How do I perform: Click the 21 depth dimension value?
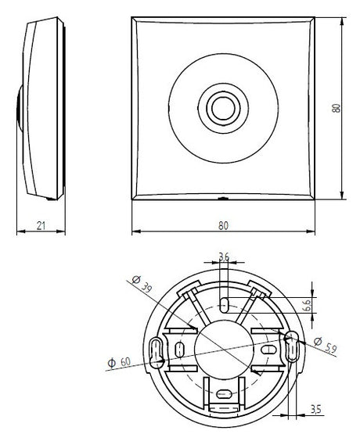[x=41, y=225]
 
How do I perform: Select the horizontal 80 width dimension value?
[x=223, y=225]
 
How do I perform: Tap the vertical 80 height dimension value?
[x=337, y=108]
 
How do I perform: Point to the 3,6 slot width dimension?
[x=224, y=257]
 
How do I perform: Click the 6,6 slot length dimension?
[x=308, y=305]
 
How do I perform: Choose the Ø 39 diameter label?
[x=142, y=284]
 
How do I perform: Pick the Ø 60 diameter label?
[x=119, y=362]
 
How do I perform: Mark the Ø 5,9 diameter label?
[x=326, y=345]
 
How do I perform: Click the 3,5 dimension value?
[x=315, y=409]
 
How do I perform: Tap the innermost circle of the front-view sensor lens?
[x=223, y=108]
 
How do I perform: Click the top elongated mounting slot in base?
[x=225, y=305]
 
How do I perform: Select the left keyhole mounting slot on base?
[x=156, y=352]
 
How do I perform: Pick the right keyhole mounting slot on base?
[x=292, y=346]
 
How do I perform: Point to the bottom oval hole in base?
[x=224, y=393]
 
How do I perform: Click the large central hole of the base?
[x=224, y=349]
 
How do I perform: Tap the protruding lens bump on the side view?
[x=20, y=108]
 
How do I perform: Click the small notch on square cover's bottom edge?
[x=223, y=198]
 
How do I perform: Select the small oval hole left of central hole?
[x=179, y=350]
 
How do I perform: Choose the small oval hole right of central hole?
[x=268, y=350]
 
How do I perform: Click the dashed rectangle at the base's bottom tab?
[x=224, y=407]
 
